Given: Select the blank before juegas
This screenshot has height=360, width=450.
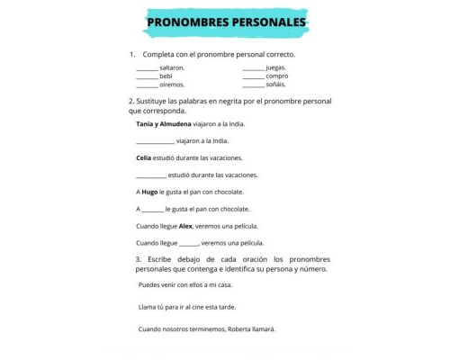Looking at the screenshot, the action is coord(253,67).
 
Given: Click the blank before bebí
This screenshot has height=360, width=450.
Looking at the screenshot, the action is coord(147,76).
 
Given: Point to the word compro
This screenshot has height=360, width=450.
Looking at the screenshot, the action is coord(277,76).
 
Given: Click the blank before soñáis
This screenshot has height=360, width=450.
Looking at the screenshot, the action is coord(253,85).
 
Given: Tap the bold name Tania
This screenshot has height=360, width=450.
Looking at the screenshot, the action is coord(146,124).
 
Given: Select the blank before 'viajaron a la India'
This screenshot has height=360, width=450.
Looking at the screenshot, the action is coord(155,141).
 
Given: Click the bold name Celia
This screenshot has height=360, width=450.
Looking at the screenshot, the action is coord(144,158).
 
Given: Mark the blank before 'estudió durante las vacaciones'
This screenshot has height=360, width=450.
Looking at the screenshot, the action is coord(150,175).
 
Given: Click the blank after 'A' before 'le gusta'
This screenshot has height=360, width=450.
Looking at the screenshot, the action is coord(152,209).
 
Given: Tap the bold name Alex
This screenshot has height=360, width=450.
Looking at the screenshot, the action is coord(186,226).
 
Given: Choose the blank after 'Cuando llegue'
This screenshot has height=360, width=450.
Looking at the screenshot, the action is coord(189,243).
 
